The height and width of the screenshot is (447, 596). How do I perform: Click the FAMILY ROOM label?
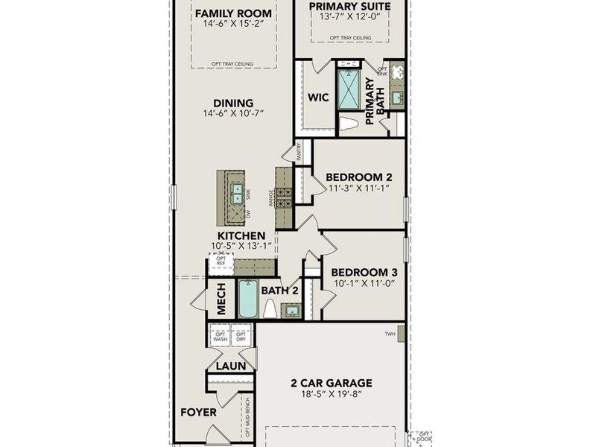(x=233, y=13)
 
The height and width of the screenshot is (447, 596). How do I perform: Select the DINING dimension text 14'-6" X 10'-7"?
(x=233, y=114)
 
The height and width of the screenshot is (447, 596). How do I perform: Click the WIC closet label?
(x=318, y=98)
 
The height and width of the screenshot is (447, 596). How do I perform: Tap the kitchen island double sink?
(x=237, y=194)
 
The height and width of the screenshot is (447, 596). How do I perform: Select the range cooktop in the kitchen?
(x=285, y=197)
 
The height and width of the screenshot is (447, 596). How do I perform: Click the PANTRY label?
(x=299, y=153)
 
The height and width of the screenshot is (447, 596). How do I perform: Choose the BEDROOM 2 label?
(x=359, y=177)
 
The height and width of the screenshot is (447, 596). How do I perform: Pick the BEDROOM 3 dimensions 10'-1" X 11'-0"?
(x=359, y=283)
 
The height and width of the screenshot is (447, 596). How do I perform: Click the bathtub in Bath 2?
(x=247, y=299)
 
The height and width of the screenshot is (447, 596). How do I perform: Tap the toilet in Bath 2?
(x=270, y=309)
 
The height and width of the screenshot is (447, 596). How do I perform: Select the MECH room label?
(x=221, y=299)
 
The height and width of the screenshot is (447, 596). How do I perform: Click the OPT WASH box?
(x=221, y=336)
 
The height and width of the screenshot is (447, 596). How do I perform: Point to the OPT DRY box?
(x=241, y=336)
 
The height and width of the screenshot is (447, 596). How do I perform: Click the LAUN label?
(x=230, y=366)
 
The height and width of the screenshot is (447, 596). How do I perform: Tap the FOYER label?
(x=199, y=412)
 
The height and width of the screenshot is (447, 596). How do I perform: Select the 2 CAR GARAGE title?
(x=331, y=383)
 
